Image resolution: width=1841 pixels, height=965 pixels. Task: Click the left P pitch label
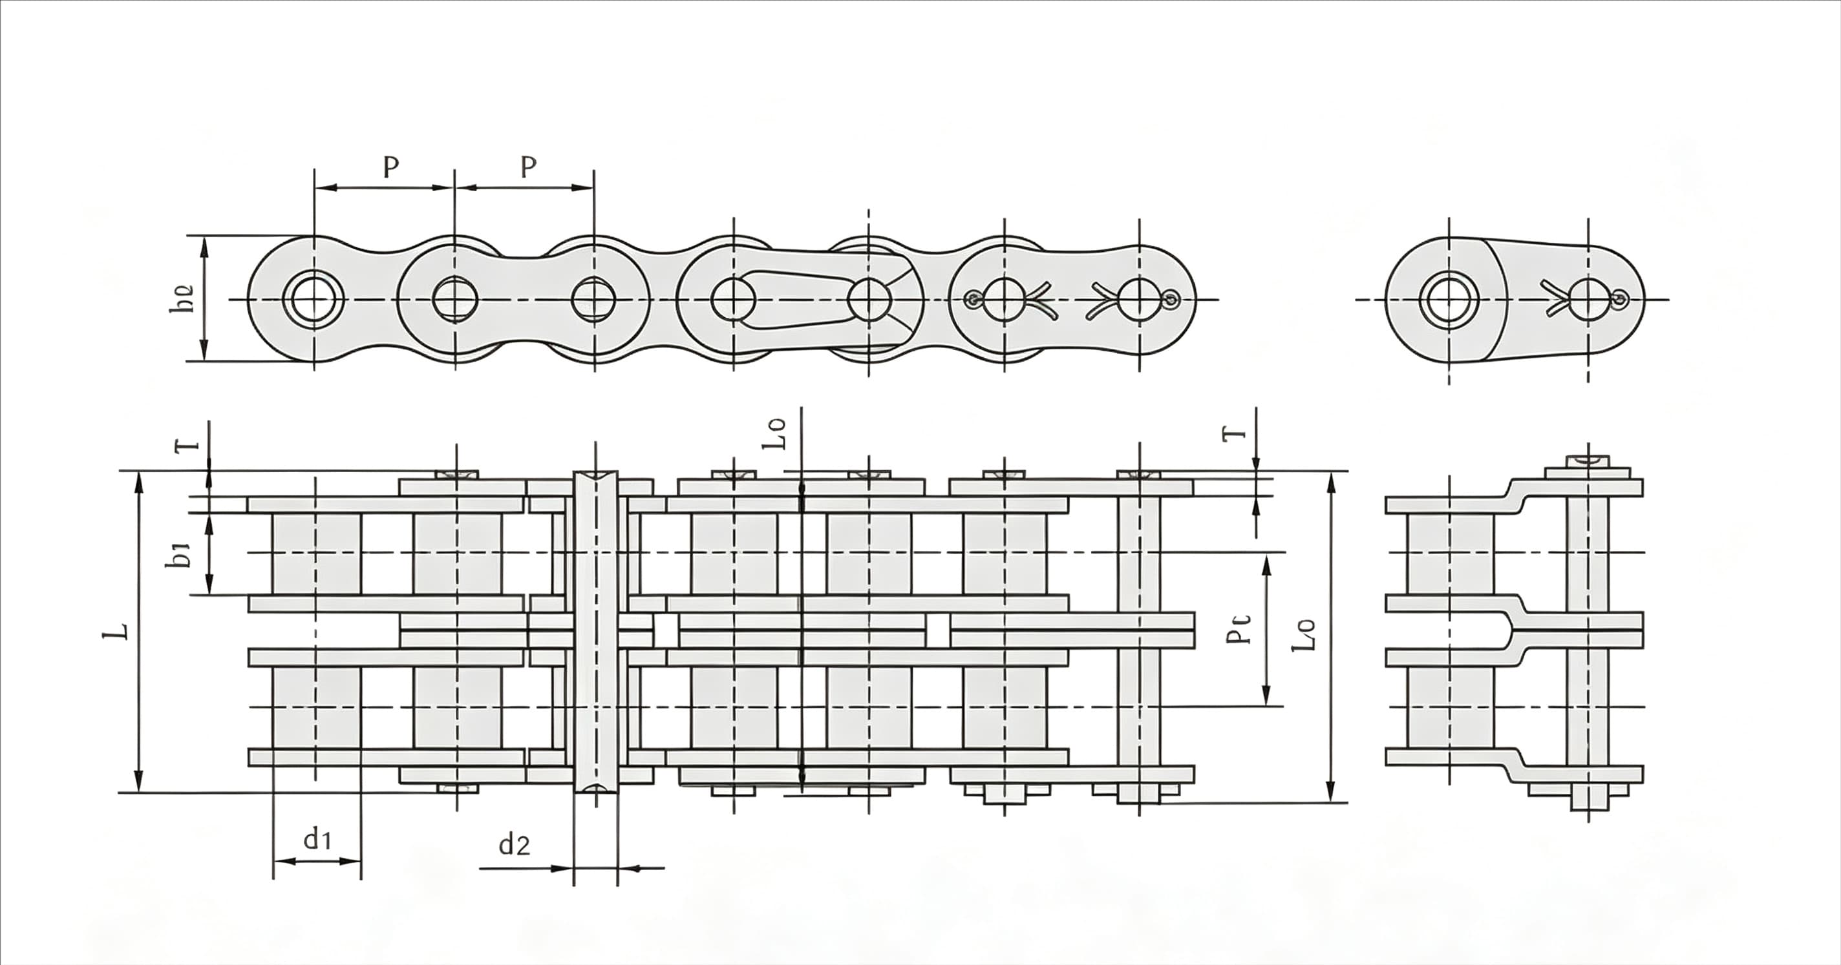[390, 167]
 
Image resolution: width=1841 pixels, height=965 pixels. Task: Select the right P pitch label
[528, 167]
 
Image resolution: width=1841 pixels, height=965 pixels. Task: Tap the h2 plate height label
[181, 298]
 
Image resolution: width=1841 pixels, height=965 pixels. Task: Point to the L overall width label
[117, 629]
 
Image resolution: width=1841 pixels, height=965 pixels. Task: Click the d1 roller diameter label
[317, 838]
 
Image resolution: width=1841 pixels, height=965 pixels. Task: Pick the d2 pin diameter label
[514, 844]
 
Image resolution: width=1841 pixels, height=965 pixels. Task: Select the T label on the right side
[1235, 433]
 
